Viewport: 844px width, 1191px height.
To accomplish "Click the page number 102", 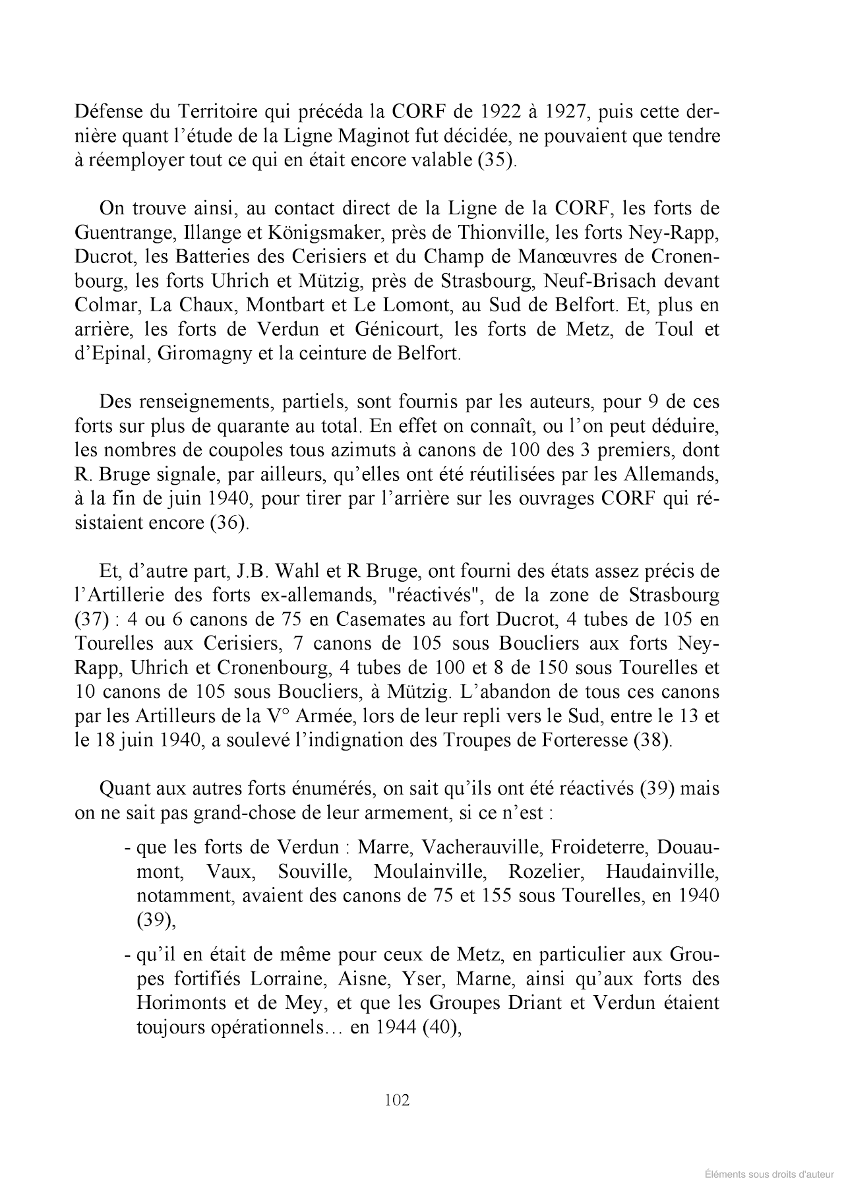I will (x=396, y=1100).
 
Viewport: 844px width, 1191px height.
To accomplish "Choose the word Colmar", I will (x=105, y=305).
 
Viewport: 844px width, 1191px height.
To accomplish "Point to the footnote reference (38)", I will (x=652, y=740).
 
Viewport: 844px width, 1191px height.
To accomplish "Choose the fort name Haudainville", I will (x=662, y=871).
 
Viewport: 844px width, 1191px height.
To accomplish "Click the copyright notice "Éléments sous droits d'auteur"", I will (x=769, y=1174).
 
